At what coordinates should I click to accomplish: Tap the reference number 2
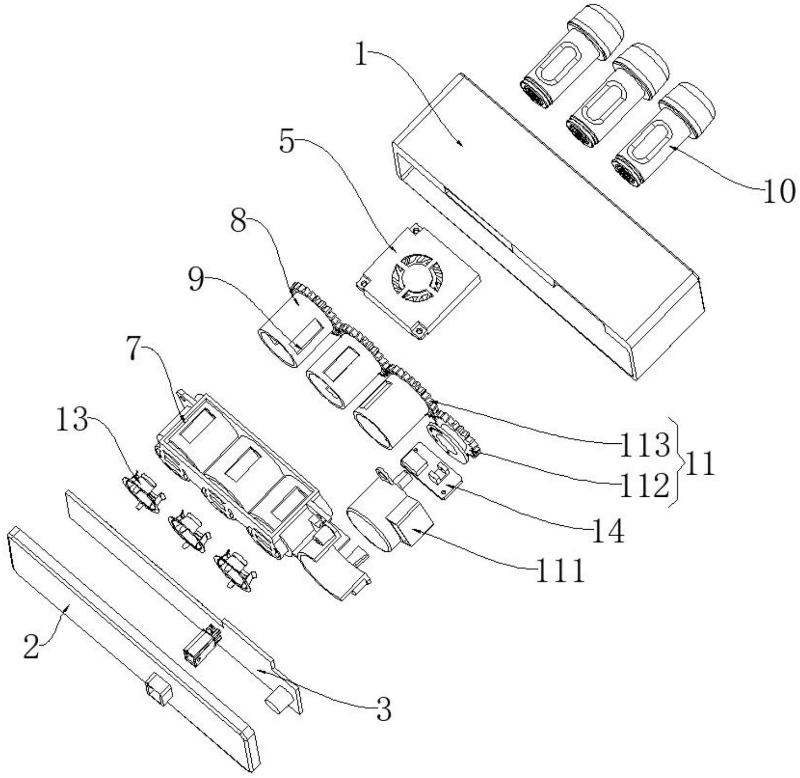[x=32, y=646]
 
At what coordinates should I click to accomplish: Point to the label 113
[x=645, y=445]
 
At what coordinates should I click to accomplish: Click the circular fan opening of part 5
[x=417, y=277]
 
